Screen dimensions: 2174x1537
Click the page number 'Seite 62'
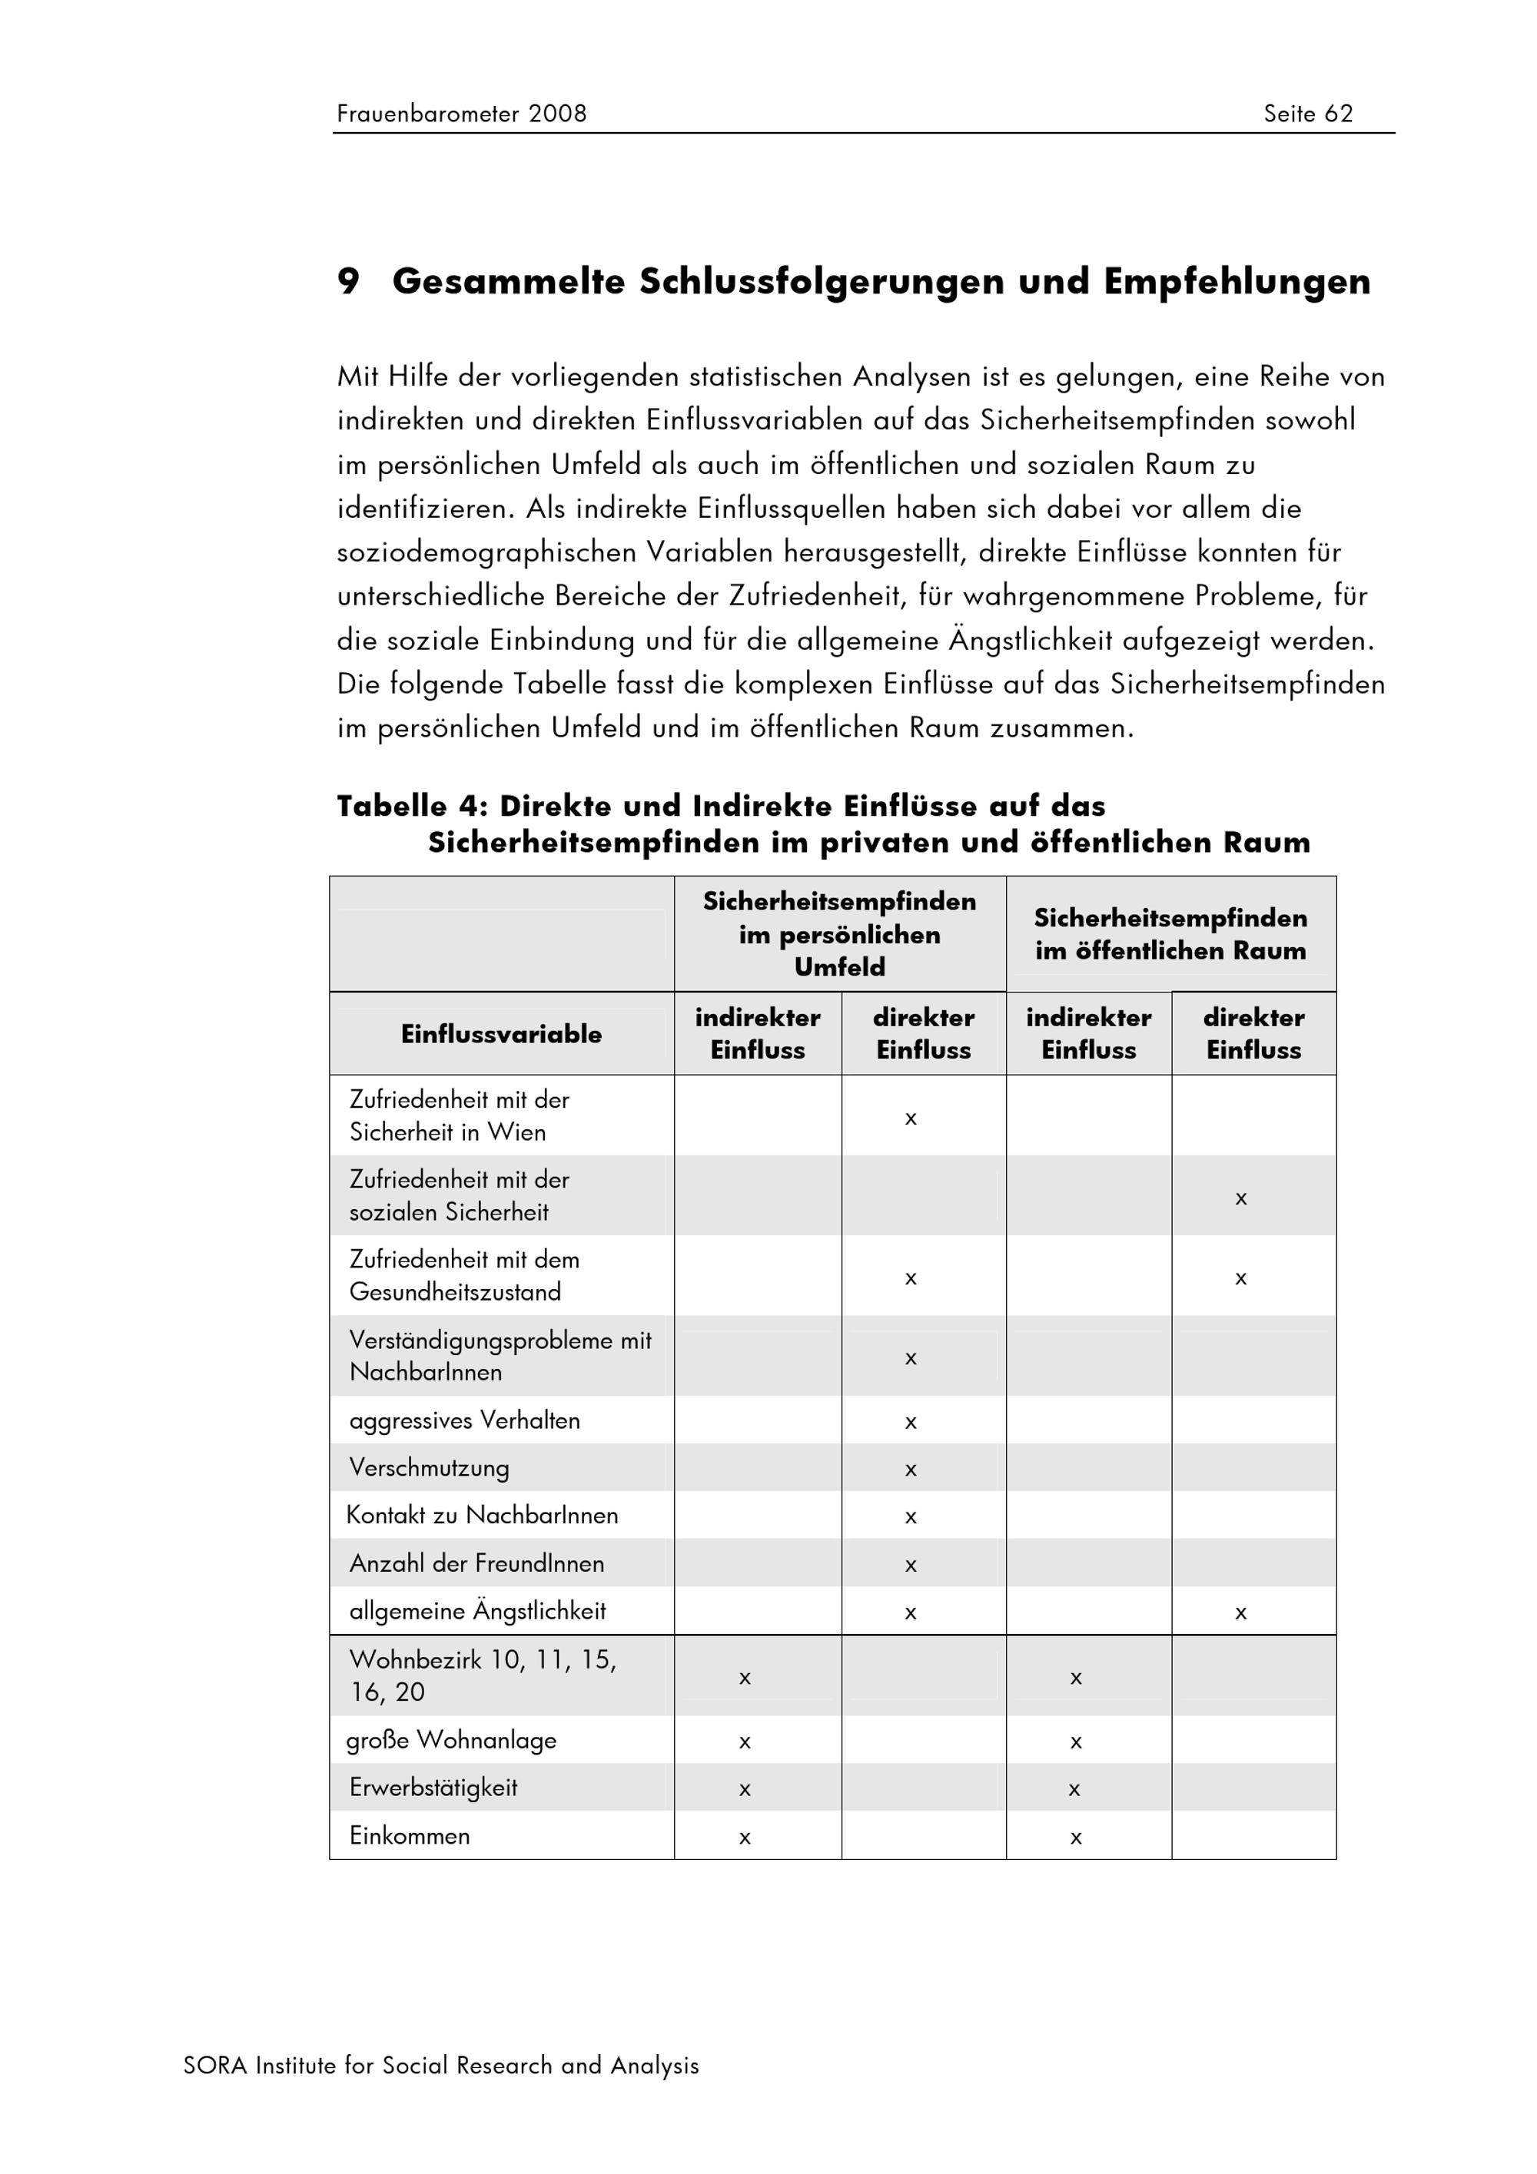[1307, 114]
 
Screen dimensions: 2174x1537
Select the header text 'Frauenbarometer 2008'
[461, 114]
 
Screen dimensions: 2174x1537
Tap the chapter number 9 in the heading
[348, 281]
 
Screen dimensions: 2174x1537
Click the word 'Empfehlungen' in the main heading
[1236, 281]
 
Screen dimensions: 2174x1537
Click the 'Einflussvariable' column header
[501, 1034]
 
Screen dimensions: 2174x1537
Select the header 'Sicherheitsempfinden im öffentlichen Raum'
[1170, 933]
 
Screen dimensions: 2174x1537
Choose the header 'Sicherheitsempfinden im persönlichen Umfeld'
[839, 933]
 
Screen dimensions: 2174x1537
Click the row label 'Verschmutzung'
[429, 1467]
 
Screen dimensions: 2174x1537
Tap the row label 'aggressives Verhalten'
[464, 1420]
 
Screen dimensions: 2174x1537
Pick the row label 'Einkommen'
[409, 1835]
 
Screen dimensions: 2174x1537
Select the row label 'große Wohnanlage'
[451, 1739]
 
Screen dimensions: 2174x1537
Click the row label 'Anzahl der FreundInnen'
[476, 1563]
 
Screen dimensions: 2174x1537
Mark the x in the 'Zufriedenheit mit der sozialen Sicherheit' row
[1240, 1198]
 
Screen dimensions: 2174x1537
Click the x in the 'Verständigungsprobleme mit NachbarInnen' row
[910, 1359]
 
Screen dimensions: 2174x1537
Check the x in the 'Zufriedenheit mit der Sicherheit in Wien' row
[910, 1119]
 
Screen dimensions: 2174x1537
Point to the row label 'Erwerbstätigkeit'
[433, 1787]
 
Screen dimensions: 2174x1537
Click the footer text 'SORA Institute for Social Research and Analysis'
[440, 2065]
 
